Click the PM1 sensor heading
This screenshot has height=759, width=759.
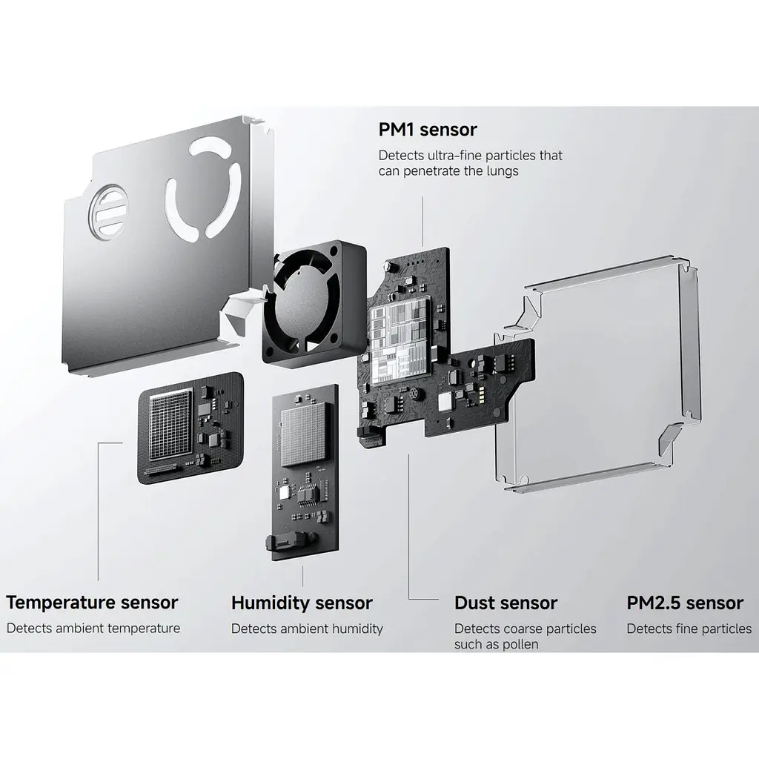pos(428,130)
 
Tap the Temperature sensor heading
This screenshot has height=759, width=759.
pos(92,603)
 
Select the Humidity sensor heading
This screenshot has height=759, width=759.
pos(302,603)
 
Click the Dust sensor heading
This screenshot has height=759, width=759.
pos(506,603)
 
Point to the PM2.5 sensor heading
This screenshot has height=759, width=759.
pos(685,603)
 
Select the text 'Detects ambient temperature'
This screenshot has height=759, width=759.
pos(93,629)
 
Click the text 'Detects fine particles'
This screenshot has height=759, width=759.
pos(689,629)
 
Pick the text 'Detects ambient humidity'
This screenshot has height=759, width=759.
pos(307,629)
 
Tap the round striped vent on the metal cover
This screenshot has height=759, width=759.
pos(108,211)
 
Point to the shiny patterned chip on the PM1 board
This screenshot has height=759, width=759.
pos(400,341)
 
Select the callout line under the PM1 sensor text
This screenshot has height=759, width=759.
pos(422,222)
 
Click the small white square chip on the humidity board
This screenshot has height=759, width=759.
pos(284,493)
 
